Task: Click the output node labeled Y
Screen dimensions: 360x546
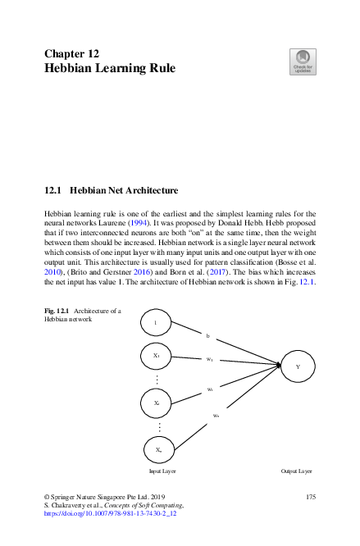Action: point(297,366)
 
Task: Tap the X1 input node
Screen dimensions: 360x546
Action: point(156,357)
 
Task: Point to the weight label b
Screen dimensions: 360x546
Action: point(207,336)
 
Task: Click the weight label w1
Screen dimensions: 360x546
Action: point(210,359)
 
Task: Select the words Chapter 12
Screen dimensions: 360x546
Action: point(71,53)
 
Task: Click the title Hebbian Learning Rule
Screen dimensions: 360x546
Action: point(109,69)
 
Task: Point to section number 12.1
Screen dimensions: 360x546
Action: point(53,191)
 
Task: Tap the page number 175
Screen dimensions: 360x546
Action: point(310,497)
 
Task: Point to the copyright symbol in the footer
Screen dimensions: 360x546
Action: point(46,497)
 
